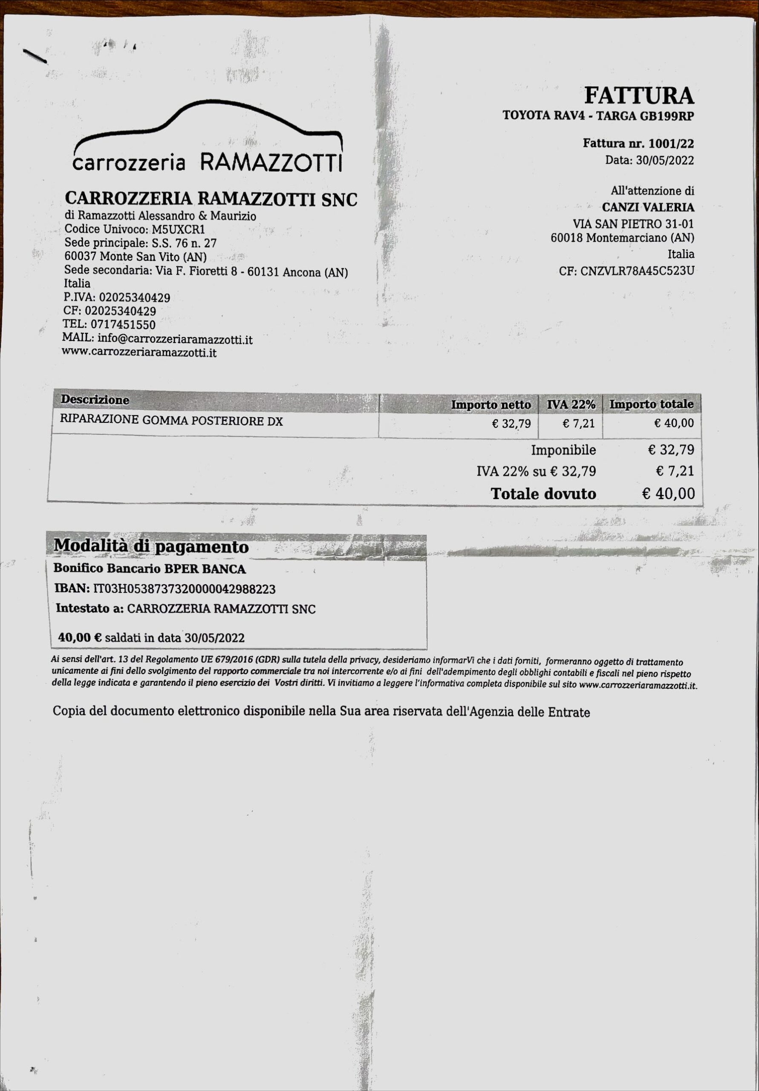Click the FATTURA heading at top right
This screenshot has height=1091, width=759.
point(638,95)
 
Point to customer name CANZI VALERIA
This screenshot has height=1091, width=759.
point(648,207)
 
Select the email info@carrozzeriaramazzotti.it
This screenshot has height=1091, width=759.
point(175,339)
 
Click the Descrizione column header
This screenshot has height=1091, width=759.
point(95,400)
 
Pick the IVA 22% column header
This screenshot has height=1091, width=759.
point(571,404)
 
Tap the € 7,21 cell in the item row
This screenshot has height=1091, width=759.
point(578,423)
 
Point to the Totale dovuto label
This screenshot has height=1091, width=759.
point(543,494)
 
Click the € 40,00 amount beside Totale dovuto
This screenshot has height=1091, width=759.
point(668,493)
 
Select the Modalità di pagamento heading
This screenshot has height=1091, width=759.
point(151,546)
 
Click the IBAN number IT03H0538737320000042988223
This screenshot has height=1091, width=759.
point(184,589)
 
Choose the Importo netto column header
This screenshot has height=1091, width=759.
point(491,405)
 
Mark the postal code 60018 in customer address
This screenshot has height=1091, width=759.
point(566,237)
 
